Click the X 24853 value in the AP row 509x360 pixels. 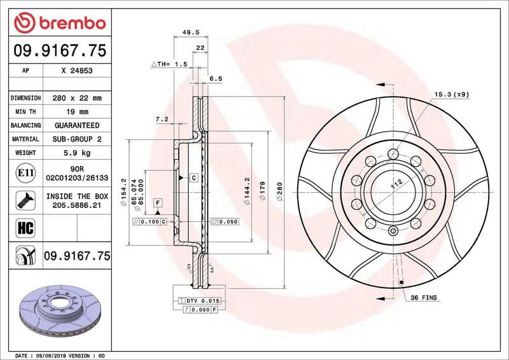click(77, 72)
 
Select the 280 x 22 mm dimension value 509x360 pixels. click(77, 98)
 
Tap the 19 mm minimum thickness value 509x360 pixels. click(77, 112)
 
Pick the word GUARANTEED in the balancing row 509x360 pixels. click(77, 125)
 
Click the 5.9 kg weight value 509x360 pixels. click(77, 153)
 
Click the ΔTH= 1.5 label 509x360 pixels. click(169, 65)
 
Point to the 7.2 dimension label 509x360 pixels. click(162, 119)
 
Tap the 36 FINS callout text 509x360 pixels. click(424, 298)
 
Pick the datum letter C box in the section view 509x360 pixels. click(193, 177)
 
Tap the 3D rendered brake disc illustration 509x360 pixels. click(59, 310)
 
